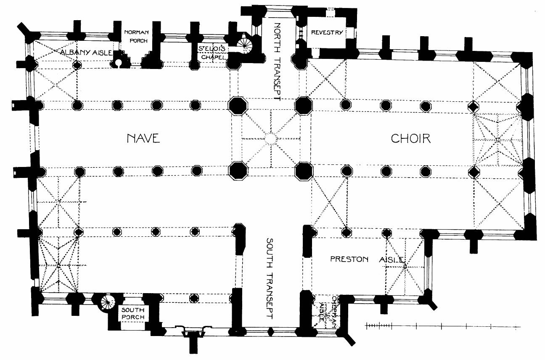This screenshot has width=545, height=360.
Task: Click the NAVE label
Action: [143, 138]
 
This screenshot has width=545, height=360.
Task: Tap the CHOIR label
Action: [411, 138]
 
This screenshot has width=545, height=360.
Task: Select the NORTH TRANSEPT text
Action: [276, 61]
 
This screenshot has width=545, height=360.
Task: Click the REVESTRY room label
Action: [327, 33]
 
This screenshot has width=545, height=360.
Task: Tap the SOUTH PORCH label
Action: [133, 314]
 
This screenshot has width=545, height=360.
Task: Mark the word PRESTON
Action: [349, 259]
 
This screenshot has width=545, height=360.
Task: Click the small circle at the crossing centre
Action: [270, 138]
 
